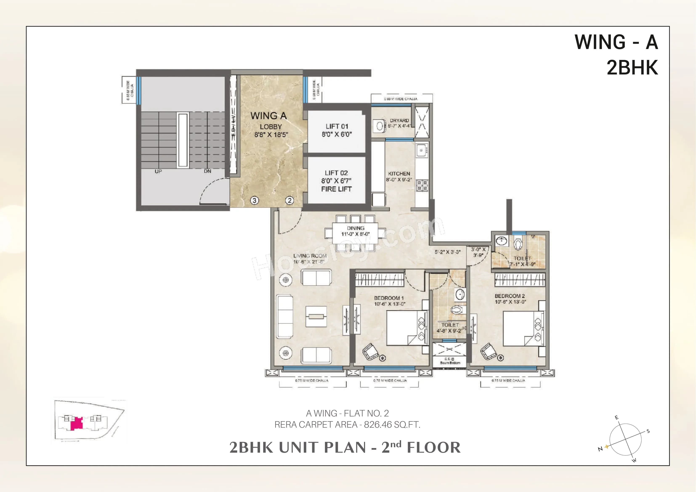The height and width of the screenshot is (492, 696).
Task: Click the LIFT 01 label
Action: click(337, 126)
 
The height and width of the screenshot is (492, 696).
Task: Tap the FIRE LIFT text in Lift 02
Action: click(336, 189)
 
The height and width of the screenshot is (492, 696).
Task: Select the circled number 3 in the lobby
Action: click(254, 200)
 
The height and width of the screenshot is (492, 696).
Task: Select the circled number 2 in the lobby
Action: click(290, 200)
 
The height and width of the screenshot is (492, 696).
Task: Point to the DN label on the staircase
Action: click(207, 171)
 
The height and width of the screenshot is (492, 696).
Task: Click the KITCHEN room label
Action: click(399, 174)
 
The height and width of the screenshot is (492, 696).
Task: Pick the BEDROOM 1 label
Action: click(389, 298)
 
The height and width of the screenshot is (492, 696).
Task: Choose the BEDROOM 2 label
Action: click(510, 296)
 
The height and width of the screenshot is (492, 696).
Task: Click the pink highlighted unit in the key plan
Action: click(76, 423)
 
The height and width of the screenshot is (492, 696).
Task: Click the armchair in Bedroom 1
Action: click(371, 352)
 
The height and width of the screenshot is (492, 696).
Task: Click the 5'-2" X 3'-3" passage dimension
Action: click(448, 252)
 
